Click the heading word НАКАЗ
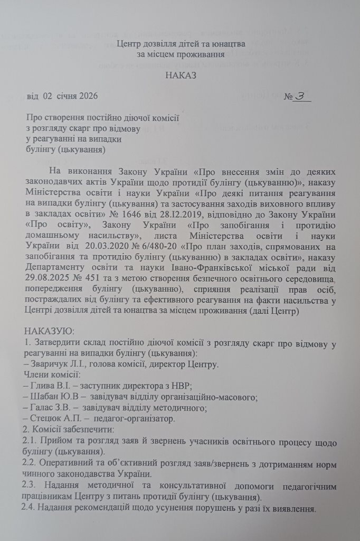(181, 75)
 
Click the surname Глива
(44, 386)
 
